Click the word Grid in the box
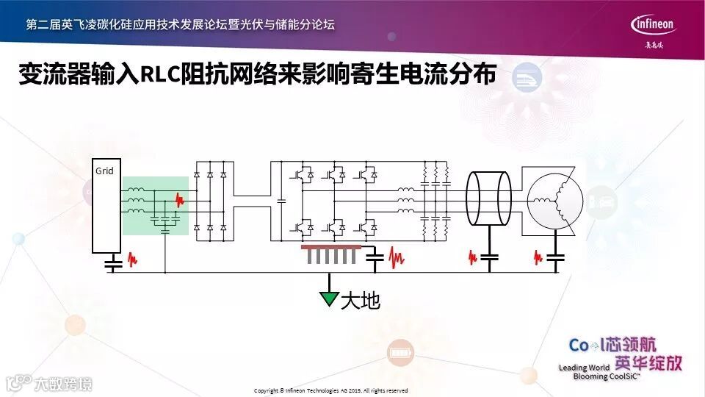point(104,171)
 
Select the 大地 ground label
point(361,300)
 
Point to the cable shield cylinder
point(489,197)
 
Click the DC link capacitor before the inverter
point(281,199)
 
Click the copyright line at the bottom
point(330,390)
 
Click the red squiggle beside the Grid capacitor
point(131,260)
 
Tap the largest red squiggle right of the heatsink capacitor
point(397,257)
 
